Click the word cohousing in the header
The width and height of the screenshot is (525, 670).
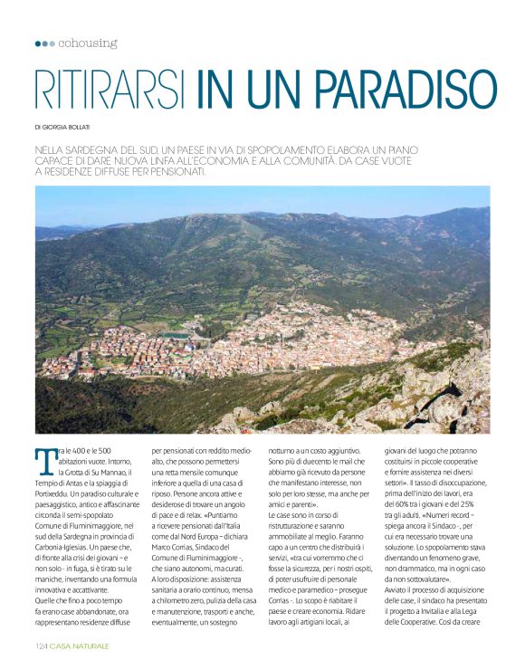(x=88, y=43)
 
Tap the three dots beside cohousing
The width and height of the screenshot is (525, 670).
(x=44, y=43)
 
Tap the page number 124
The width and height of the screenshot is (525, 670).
(x=41, y=646)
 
